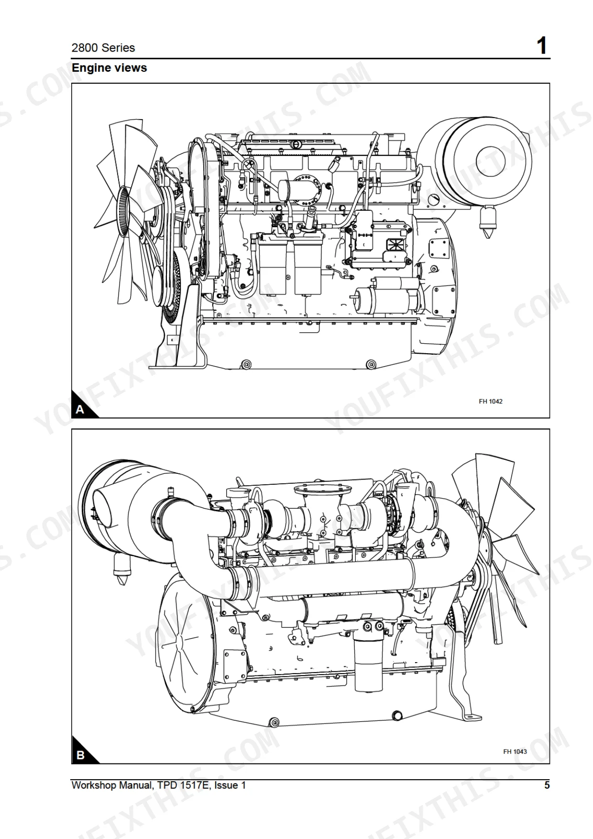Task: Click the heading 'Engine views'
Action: point(109,68)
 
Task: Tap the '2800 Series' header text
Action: point(103,48)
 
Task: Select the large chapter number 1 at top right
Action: point(541,46)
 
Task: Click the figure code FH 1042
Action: point(491,401)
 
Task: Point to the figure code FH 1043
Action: point(515,752)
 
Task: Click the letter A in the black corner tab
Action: point(80,410)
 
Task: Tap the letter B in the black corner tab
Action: point(80,755)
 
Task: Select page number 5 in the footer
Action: point(547,785)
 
